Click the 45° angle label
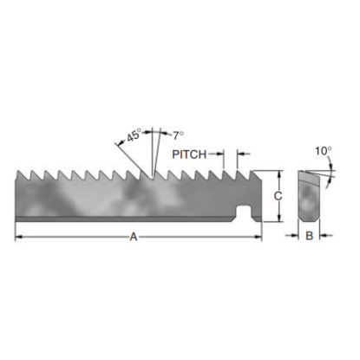tap(134, 136)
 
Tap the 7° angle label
tap(178, 135)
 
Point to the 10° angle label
tap(323, 150)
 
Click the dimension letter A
tap(133, 236)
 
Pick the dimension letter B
tap(308, 235)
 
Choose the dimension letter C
tap(278, 196)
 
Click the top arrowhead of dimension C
tap(278, 173)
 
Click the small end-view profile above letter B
tap(308, 197)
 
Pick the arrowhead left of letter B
tap(294, 235)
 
